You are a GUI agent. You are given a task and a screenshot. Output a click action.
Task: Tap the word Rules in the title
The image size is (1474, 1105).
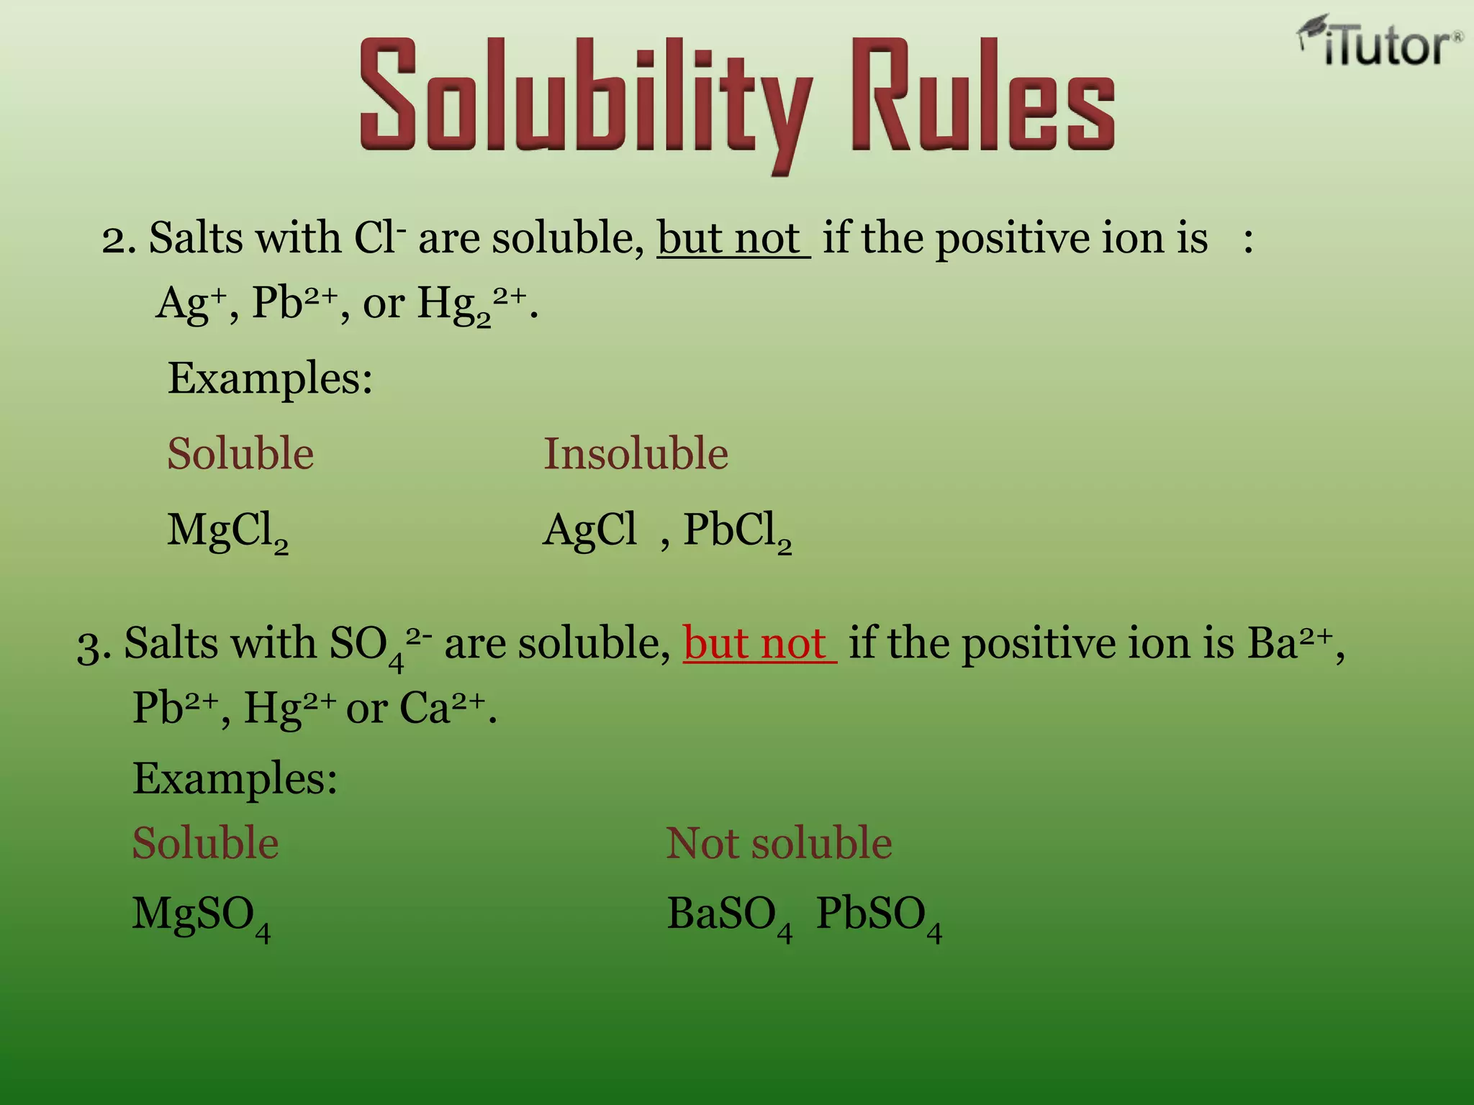(x=982, y=97)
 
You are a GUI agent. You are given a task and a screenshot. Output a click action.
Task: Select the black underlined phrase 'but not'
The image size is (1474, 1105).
(x=732, y=238)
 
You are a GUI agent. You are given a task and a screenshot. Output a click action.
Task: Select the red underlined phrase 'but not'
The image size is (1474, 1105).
(x=759, y=643)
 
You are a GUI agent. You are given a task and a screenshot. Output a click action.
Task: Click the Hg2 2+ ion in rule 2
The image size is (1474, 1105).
(x=471, y=304)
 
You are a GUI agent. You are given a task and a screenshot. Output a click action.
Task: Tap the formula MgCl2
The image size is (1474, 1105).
(x=227, y=532)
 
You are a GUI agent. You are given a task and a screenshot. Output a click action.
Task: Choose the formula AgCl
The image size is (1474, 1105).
(x=589, y=530)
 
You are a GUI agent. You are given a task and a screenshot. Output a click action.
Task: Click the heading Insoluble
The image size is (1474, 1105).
(x=636, y=454)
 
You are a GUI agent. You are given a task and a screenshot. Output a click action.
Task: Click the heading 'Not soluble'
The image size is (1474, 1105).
(x=779, y=843)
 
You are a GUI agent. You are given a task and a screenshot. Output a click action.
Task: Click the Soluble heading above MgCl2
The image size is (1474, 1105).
(x=240, y=454)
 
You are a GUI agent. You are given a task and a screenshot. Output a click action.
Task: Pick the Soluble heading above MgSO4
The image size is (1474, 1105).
(x=206, y=843)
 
